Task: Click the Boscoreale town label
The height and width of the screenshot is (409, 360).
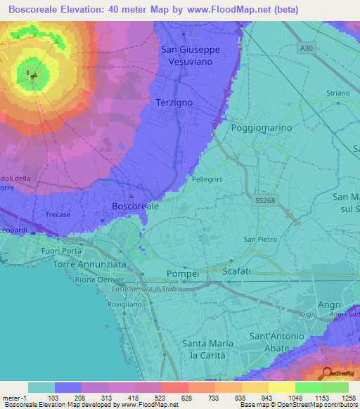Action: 135,207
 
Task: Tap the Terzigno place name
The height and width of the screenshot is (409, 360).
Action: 173,103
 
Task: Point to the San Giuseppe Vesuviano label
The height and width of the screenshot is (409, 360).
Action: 191,56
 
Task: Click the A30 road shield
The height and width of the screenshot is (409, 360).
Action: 304,48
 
